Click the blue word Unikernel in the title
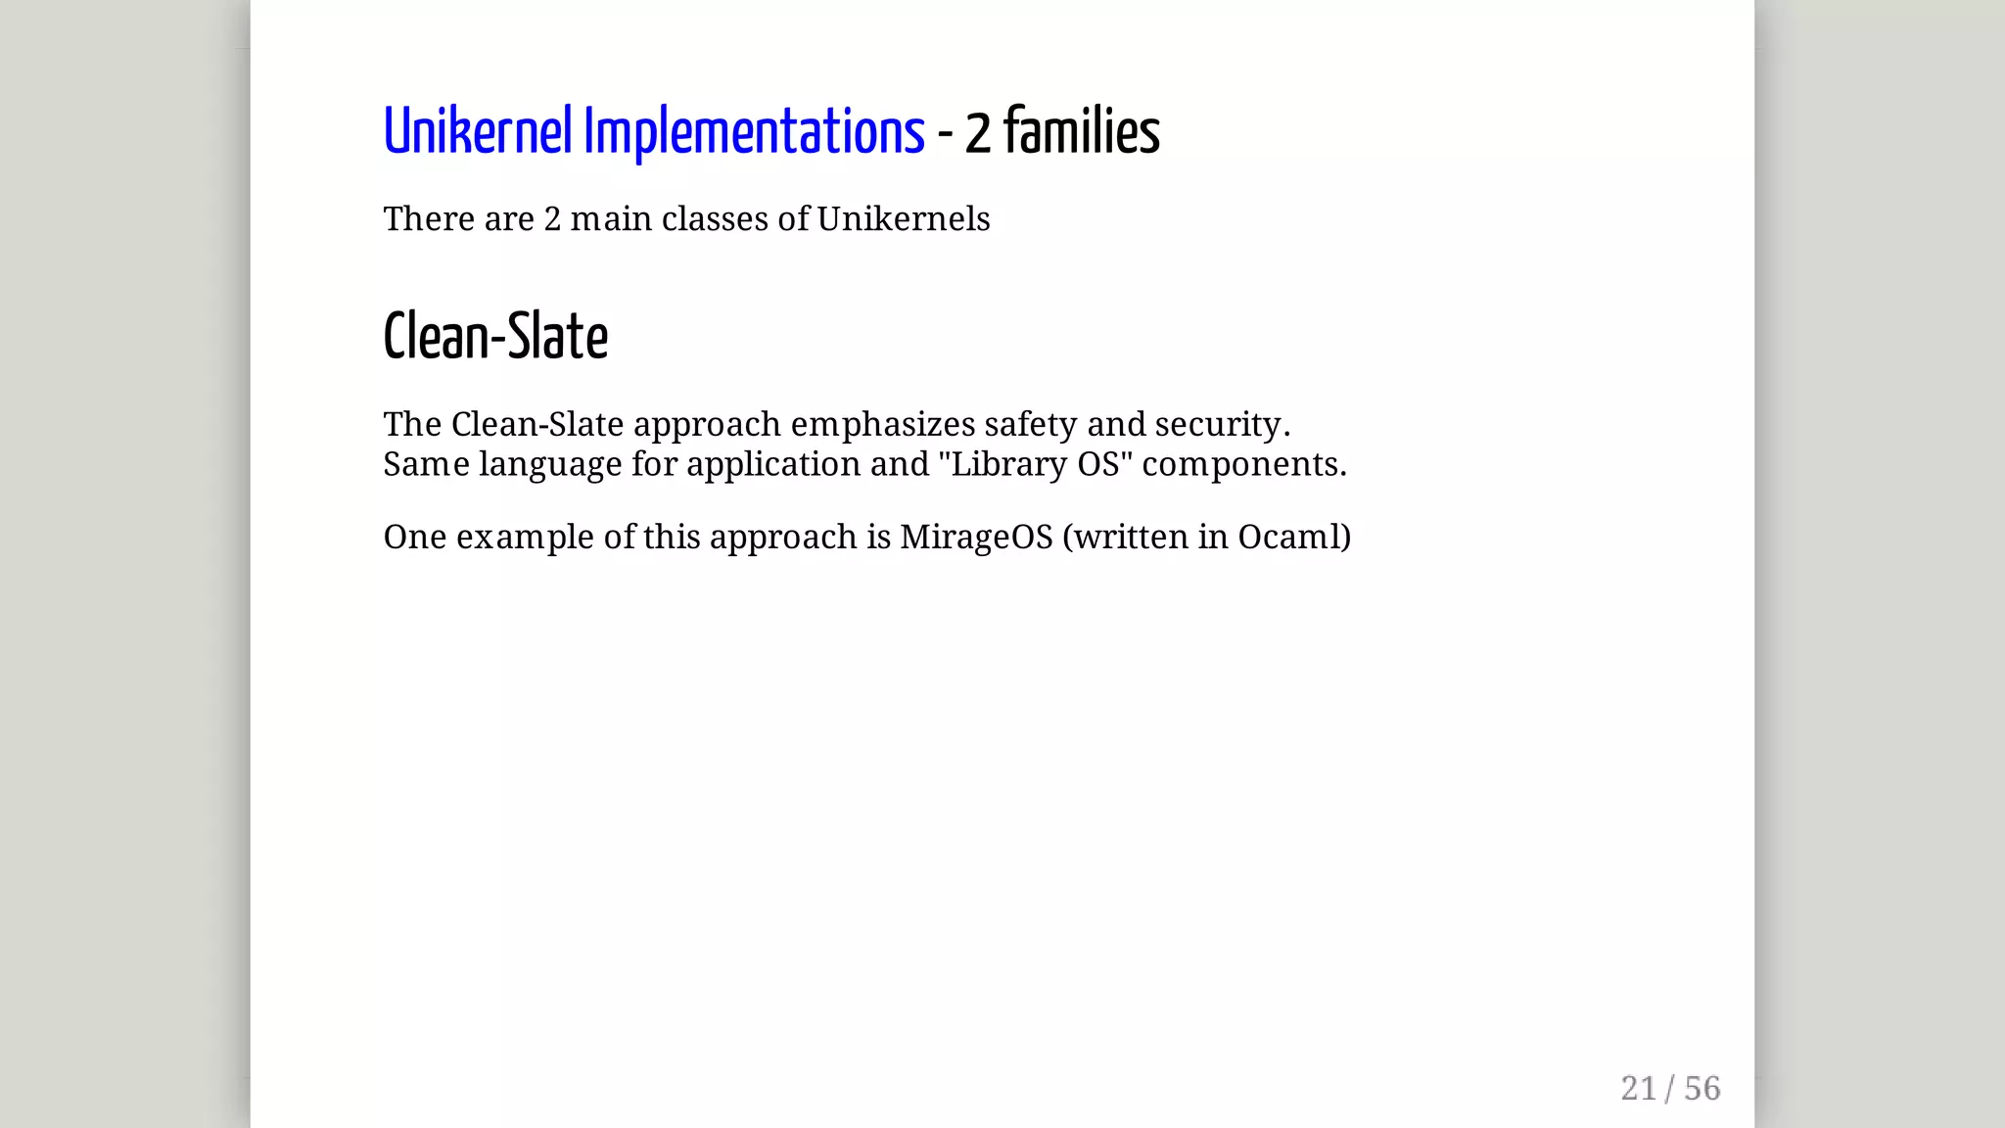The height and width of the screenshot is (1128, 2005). coord(477,132)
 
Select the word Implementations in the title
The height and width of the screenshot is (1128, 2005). coord(754,132)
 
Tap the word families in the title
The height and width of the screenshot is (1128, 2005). coord(1081,132)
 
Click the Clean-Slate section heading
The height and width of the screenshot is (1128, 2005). coord(495,337)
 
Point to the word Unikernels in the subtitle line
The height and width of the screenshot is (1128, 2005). coord(903,219)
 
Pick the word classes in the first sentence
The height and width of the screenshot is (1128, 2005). coord(715,219)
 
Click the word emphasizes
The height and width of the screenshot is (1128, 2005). coord(883,425)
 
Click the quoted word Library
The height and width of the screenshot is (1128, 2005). coord(1008,464)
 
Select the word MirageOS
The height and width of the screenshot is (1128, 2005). coord(976,538)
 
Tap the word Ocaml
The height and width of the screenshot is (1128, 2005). coord(1288,538)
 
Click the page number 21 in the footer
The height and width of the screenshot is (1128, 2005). coord(1638,1089)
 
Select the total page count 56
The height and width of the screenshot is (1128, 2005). coord(1702,1089)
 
